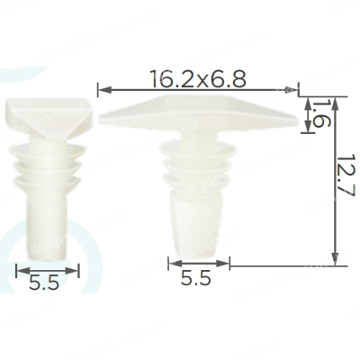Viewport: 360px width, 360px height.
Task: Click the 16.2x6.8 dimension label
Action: pos(199,79)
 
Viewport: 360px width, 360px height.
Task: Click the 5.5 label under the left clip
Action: pos(43,283)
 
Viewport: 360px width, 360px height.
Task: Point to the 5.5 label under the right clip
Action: pos(196,278)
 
